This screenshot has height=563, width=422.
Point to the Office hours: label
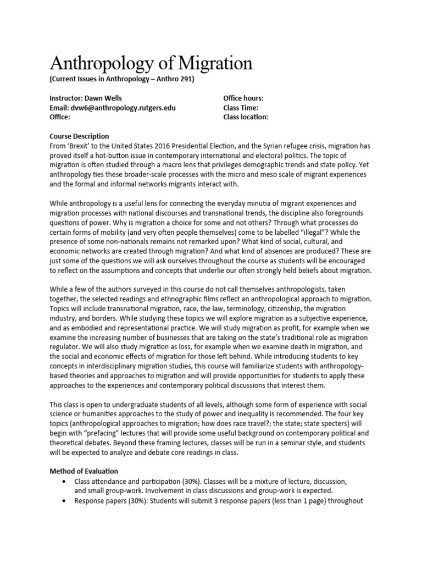[x=243, y=98]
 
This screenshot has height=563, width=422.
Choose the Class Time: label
[x=241, y=108]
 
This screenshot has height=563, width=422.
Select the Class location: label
[x=246, y=117]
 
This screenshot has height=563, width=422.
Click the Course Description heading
[x=79, y=136]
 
